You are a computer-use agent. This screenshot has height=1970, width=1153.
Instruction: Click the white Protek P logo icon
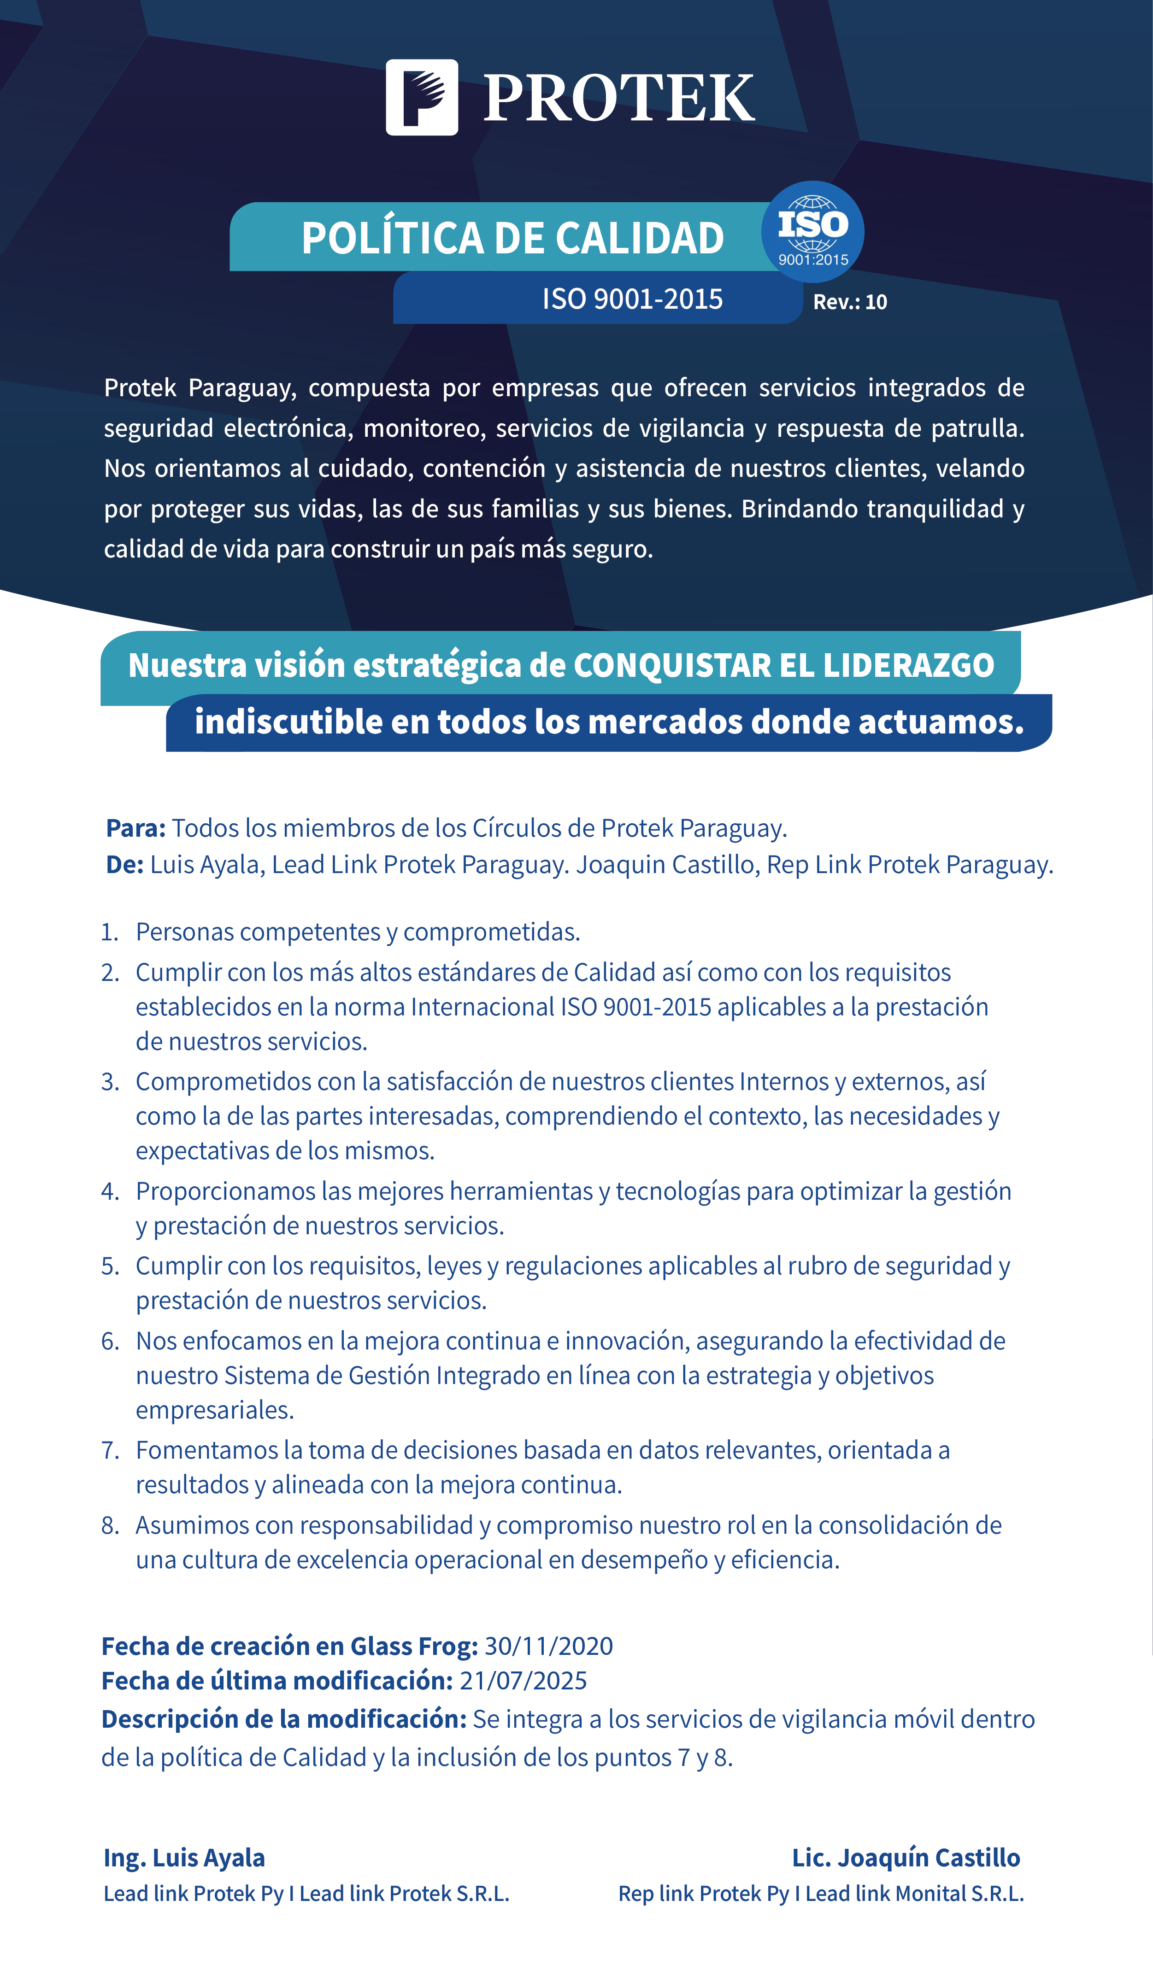421,97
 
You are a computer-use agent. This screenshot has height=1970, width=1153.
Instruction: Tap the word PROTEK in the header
618,99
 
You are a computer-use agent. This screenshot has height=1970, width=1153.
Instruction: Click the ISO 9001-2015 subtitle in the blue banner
632,299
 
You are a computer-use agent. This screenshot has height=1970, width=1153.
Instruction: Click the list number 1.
109,932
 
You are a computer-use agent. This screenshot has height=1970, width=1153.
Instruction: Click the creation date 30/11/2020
549,1647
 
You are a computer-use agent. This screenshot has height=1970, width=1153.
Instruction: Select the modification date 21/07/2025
523,1681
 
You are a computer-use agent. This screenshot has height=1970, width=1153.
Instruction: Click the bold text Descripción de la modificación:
284,1719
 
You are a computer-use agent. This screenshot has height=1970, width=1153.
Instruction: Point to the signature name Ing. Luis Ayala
184,1858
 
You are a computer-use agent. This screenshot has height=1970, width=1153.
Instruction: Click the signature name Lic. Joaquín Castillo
906,1858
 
